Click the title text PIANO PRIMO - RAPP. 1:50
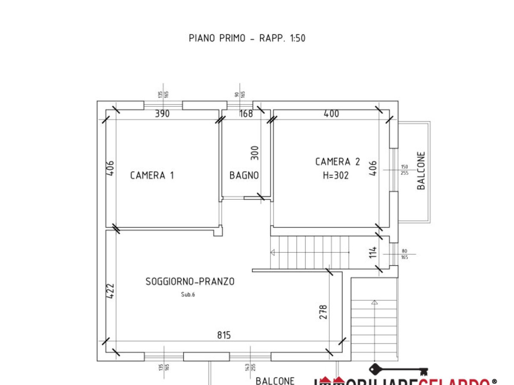pos(247,38)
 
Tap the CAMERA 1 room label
pos(152,175)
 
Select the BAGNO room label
pos(244,175)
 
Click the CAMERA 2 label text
pos(338,162)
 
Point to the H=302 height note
pos(336,175)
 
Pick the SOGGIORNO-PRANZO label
pos(190,281)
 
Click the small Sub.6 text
pos(188,294)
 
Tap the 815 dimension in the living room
pos(224,335)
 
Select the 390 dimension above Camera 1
pos(162,114)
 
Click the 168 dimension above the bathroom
pos(246,114)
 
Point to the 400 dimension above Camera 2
pos(332,114)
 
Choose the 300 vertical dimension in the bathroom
pos(255,153)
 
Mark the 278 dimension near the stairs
pos(323,311)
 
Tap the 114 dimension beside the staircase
pos(373,252)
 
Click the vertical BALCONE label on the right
pos(421,171)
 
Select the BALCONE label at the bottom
pos(275,381)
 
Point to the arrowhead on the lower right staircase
pos(375,302)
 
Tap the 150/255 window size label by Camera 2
pos(404,170)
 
